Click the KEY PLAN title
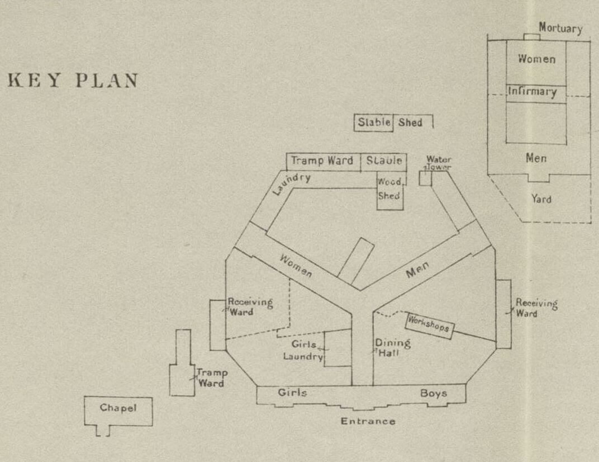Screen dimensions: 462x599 73,81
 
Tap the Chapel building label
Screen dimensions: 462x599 118,408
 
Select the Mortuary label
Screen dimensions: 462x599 560,28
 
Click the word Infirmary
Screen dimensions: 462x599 532,92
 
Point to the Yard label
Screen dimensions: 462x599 541,199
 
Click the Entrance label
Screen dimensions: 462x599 368,421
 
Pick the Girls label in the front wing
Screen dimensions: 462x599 292,393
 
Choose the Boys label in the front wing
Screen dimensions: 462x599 434,393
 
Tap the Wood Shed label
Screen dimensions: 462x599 389,189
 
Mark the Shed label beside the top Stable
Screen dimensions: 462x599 410,122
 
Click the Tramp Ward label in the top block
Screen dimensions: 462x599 322,161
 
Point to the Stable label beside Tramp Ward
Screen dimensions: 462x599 384,161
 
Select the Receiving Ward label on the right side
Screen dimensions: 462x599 536,308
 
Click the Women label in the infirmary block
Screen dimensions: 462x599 536,59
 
